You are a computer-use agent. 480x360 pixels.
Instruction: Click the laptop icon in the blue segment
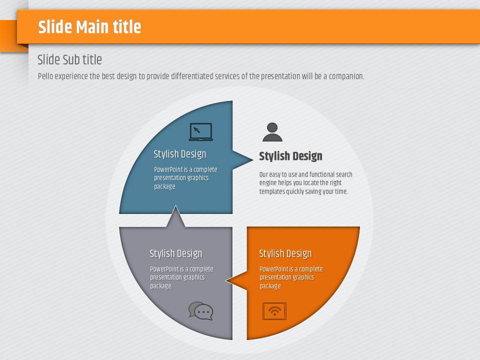coord(200,131)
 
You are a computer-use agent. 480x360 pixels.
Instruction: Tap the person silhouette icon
coord(272,132)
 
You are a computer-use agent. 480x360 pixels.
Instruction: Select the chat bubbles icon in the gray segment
coord(200,310)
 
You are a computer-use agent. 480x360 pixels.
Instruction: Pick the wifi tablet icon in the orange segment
coord(274,311)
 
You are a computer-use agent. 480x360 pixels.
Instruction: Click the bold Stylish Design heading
coord(290,156)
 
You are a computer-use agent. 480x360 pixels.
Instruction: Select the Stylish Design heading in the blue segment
coord(179,154)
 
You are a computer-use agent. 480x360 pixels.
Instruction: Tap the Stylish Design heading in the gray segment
coord(175,253)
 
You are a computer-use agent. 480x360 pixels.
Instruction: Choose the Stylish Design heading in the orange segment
coord(285,253)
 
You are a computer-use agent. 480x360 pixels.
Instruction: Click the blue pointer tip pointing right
coord(253,159)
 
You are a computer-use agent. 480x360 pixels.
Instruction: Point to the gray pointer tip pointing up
coord(175,205)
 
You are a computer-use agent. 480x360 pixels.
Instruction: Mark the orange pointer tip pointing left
coord(226,280)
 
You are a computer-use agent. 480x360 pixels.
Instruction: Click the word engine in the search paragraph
coord(268,183)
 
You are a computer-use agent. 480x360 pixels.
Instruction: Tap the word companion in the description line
coord(346,76)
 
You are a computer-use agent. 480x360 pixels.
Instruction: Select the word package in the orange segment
coord(270,286)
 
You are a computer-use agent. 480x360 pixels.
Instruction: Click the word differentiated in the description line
coord(192,76)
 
